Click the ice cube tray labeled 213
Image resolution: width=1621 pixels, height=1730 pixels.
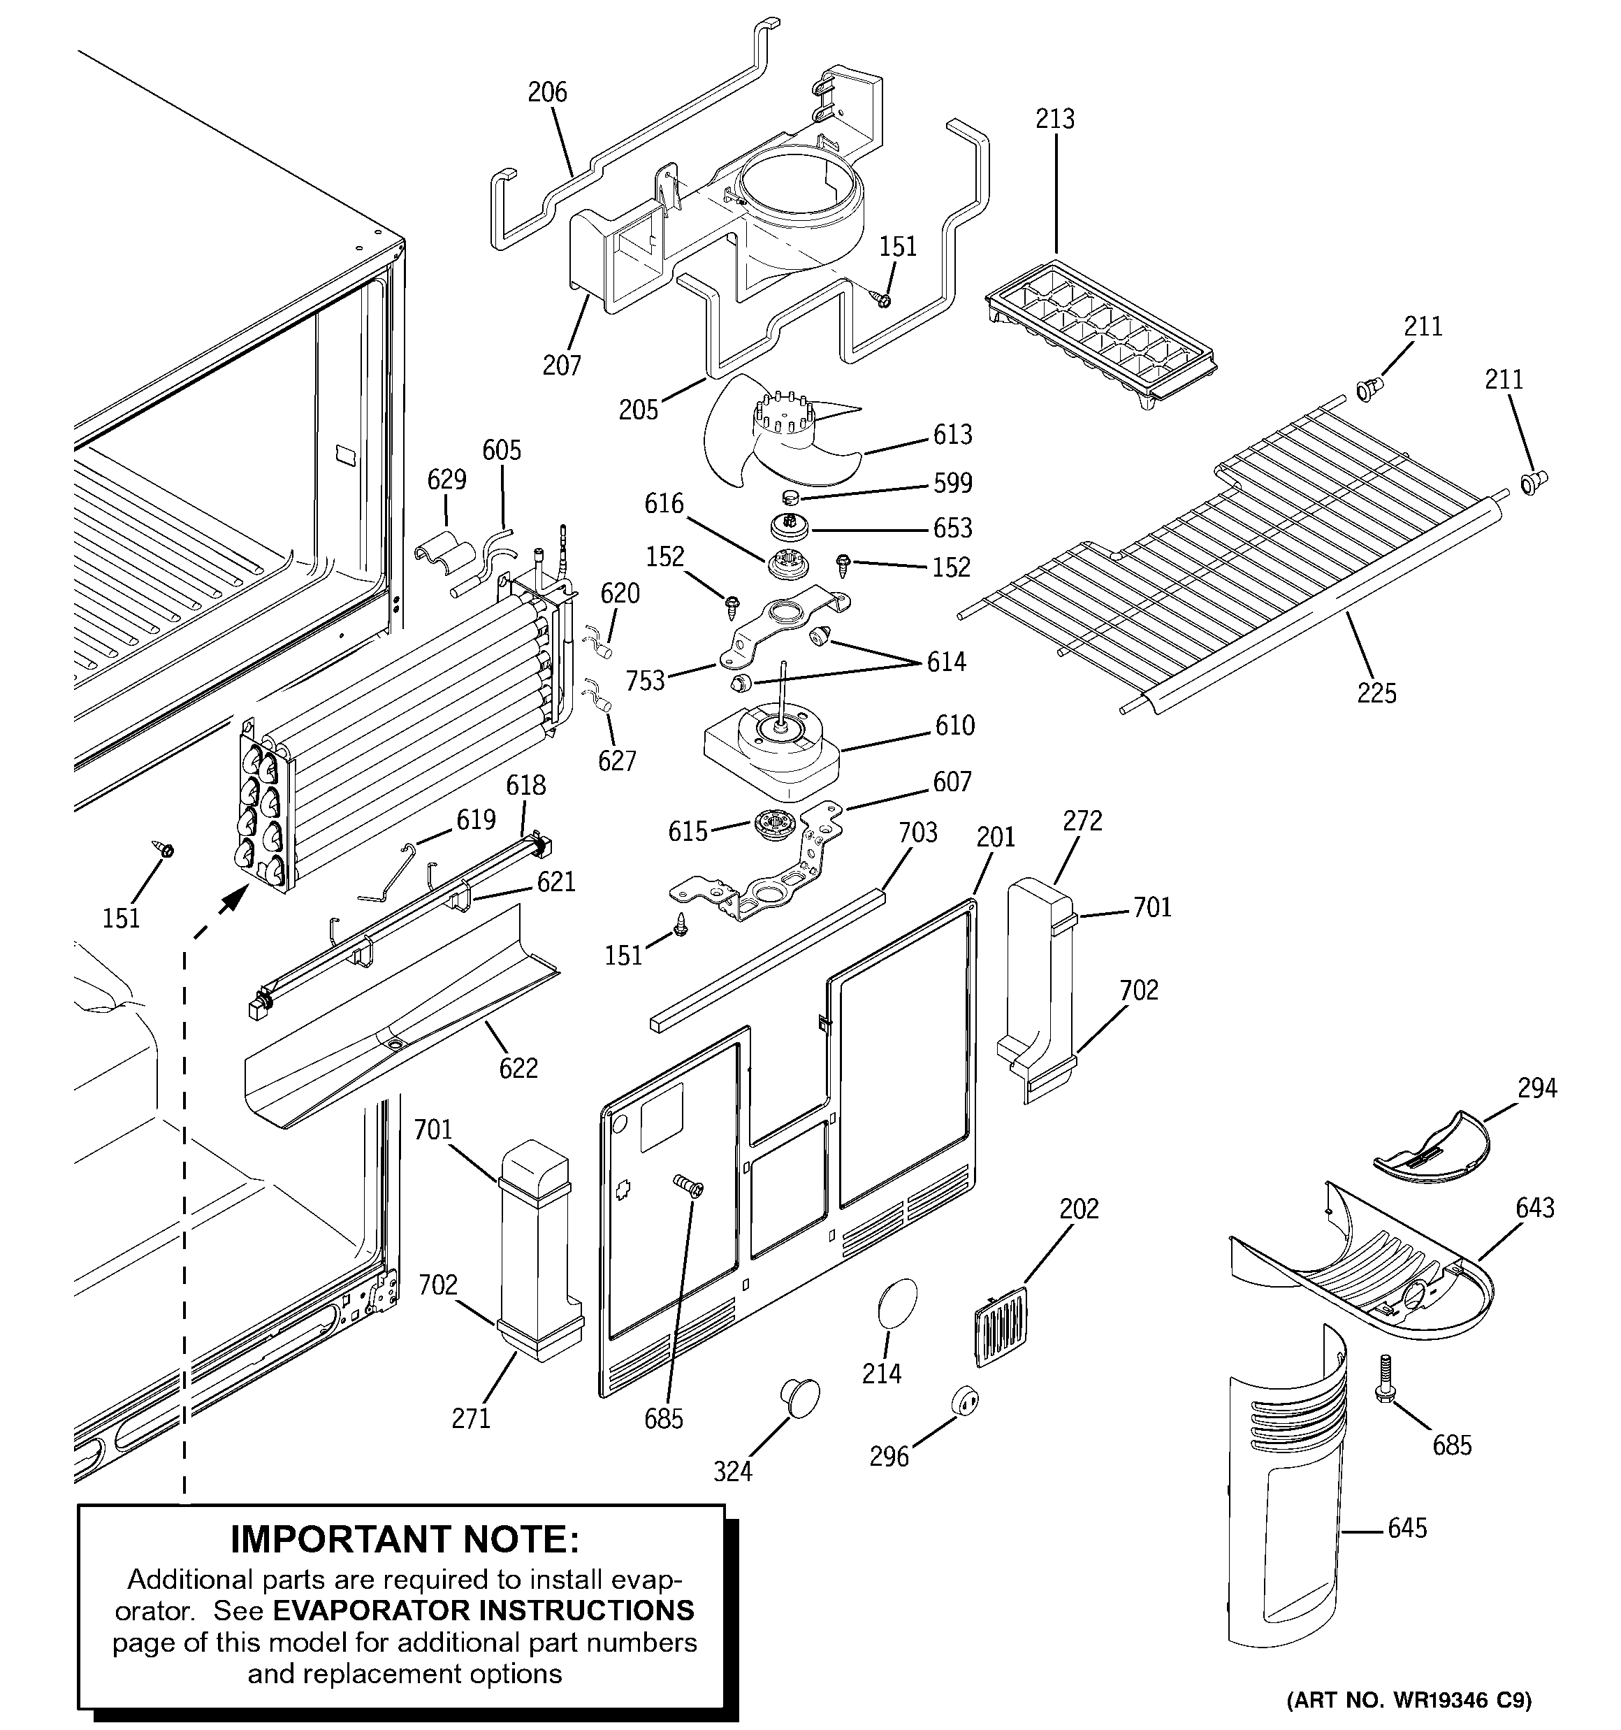[x=1100, y=335]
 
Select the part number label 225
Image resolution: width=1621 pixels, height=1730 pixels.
[x=1376, y=693]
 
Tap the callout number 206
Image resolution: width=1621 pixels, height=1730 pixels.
[x=547, y=92]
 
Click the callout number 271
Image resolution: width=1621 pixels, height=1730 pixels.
[x=471, y=1418]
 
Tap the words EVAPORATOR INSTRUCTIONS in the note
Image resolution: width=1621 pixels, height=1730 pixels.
[x=483, y=1610]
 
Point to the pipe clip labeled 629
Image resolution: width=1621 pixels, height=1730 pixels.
[x=444, y=557]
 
